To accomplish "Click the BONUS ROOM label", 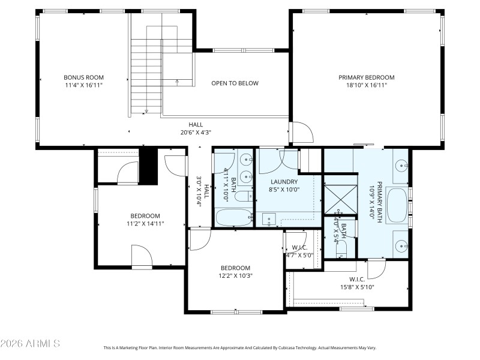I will [x=84, y=77].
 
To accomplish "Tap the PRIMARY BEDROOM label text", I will [x=367, y=77].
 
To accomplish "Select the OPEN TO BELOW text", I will [x=235, y=83].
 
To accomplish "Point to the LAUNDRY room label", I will [x=284, y=181].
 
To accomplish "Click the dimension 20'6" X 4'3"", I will [x=196, y=133].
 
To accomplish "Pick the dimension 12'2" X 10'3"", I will [x=235, y=276].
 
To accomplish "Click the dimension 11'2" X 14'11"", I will [x=145, y=223].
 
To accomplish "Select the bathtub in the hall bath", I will [x=234, y=217].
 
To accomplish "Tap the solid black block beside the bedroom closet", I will [x=148, y=166].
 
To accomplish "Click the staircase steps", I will [x=147, y=72].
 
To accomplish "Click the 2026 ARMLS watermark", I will [x=30, y=344].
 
